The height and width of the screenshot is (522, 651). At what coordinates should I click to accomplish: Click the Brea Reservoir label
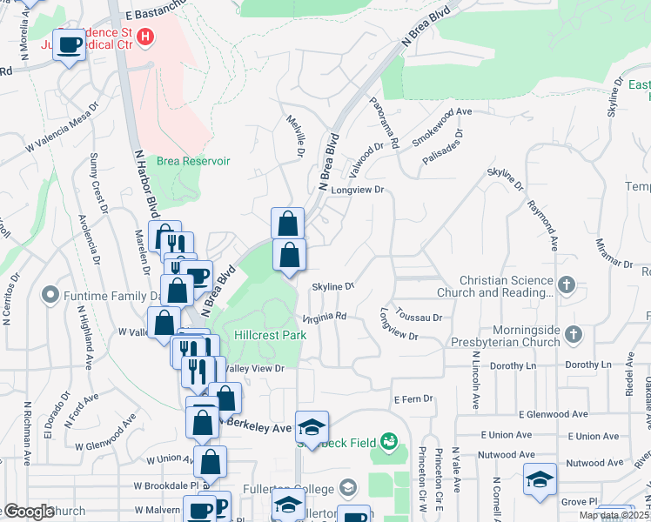click(x=193, y=161)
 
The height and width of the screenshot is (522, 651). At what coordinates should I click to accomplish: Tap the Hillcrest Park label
click(x=270, y=335)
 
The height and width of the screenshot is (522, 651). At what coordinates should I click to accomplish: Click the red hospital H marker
click(x=146, y=37)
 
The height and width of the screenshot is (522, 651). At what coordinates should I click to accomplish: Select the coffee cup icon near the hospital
click(x=70, y=43)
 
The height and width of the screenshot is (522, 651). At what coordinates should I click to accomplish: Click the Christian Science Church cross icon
click(x=567, y=284)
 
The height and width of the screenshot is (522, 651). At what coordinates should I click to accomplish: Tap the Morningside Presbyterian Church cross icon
click(x=573, y=334)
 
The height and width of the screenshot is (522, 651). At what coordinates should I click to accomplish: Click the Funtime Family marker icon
click(x=49, y=295)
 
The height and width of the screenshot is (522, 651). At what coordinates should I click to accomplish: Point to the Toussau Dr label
click(x=419, y=318)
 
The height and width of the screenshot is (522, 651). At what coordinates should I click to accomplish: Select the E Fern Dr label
click(x=413, y=398)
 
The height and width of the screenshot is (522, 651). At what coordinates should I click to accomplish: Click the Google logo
click(x=28, y=512)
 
